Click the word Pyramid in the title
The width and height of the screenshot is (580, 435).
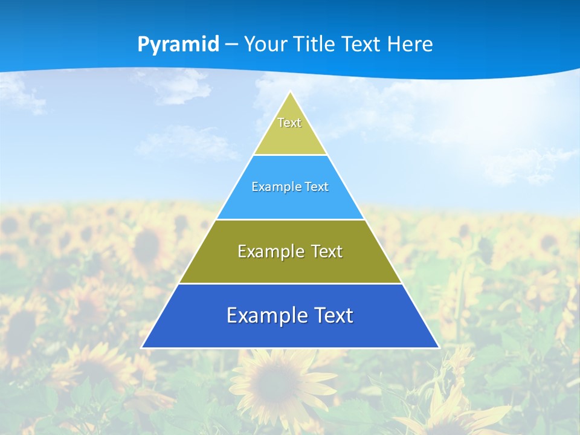(x=178, y=45)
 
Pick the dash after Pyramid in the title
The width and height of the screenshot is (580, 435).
(x=231, y=45)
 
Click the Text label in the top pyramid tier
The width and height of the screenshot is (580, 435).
(x=289, y=123)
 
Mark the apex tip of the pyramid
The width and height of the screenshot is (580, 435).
(x=291, y=92)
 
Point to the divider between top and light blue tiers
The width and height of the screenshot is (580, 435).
(x=290, y=155)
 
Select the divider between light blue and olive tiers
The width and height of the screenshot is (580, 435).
(x=290, y=219)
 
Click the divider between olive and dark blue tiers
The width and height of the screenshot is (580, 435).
(x=290, y=283)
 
